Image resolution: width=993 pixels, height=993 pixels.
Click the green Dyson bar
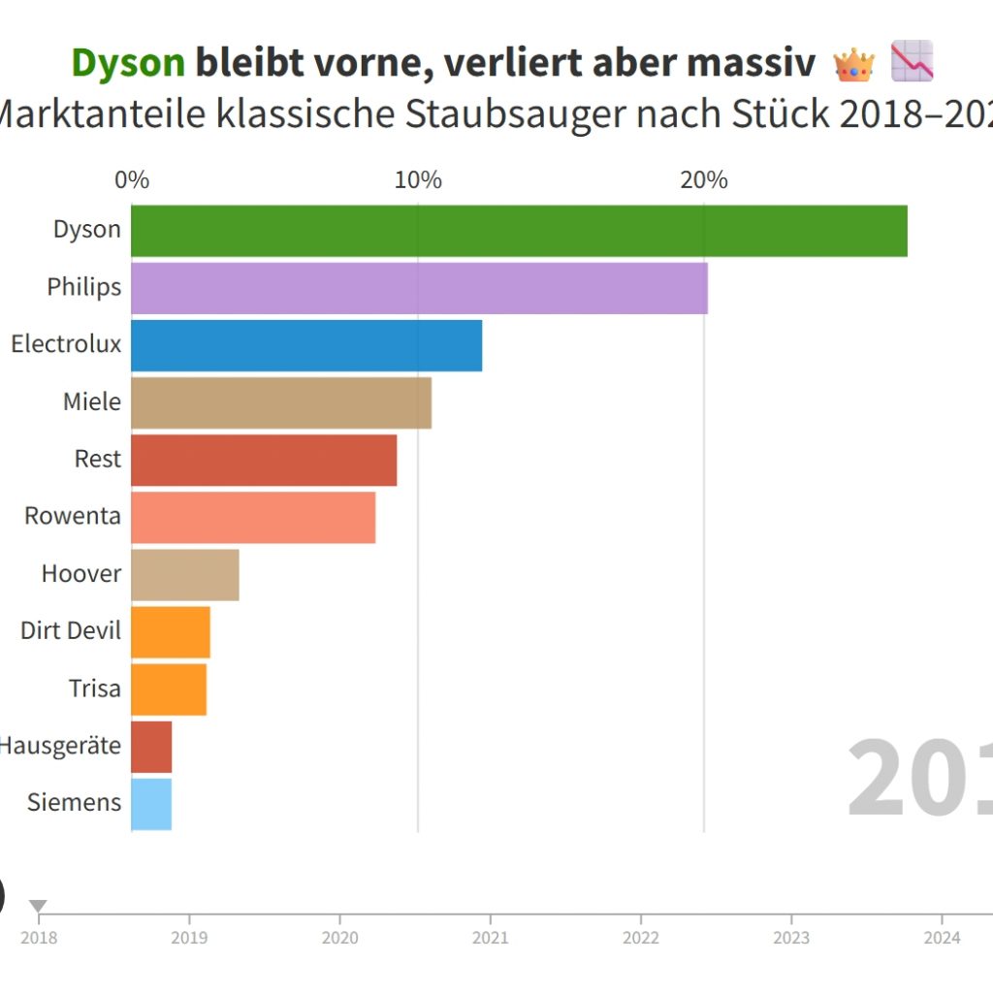click(519, 231)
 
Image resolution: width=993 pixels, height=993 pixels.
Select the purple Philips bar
click(419, 288)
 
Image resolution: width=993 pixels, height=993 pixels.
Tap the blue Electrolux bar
click(306, 345)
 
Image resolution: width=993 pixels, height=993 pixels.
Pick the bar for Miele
click(281, 402)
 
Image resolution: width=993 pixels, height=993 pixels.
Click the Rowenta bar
click(253, 517)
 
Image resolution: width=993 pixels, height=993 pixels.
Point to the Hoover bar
click(185, 574)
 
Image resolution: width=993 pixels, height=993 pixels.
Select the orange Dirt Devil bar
click(171, 631)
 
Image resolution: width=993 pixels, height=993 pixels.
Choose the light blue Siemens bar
click(151, 804)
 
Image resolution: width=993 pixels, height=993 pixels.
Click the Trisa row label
click(95, 689)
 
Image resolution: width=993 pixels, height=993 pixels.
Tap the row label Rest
click(98, 459)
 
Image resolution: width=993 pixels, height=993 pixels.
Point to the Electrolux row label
click(66, 344)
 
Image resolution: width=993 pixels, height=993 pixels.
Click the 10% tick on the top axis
click(419, 180)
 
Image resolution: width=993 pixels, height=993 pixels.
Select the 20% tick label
click(704, 180)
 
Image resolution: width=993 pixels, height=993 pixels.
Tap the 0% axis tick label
click(132, 180)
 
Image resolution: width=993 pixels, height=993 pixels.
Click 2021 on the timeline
click(490, 937)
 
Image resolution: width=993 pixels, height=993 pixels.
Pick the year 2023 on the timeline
click(791, 937)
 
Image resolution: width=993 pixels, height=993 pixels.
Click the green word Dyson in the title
click(128, 64)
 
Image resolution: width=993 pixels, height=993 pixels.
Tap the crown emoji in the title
click(853, 64)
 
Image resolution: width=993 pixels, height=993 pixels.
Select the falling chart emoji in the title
click(912, 61)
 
